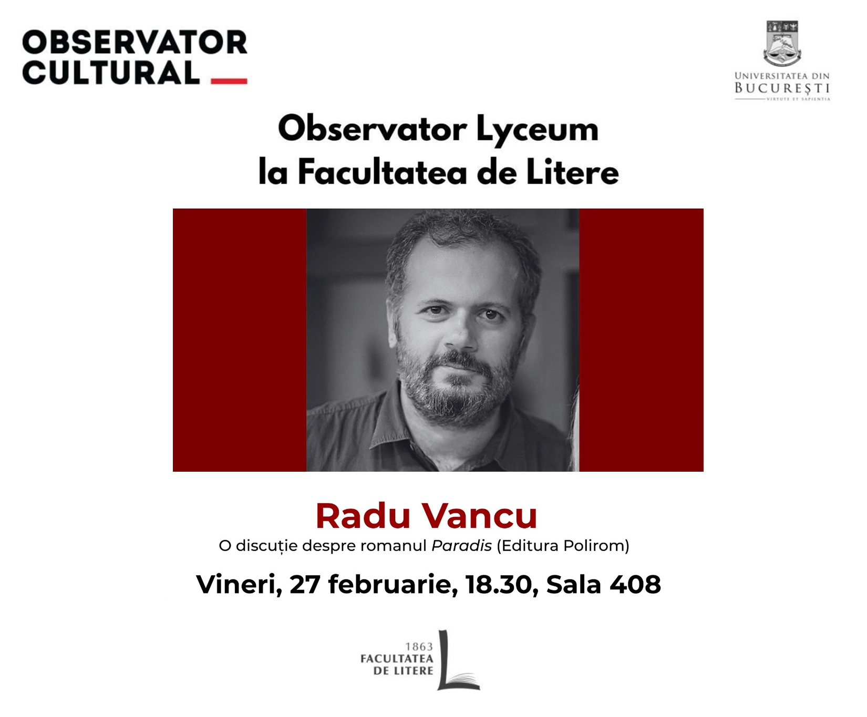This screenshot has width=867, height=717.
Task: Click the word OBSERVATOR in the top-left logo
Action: pos(135,42)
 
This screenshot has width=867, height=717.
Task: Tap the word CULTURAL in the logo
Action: pos(111,72)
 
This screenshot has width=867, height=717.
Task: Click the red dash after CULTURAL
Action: pos(229,81)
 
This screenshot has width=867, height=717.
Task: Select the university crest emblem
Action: pos(782,43)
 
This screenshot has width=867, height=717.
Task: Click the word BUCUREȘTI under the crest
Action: pos(782,88)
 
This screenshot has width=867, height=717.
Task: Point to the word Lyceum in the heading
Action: pos(538,130)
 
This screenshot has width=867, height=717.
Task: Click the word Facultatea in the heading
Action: pos(383,172)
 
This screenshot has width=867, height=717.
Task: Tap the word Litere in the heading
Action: pos(573,172)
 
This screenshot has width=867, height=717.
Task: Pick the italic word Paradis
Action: pos(461,546)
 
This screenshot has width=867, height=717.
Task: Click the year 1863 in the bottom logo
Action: pos(419,647)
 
